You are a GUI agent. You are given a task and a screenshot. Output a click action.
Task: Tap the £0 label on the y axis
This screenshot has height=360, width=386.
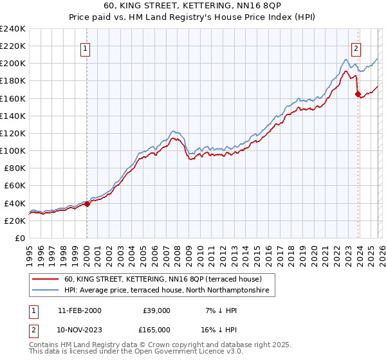click(x=20, y=238)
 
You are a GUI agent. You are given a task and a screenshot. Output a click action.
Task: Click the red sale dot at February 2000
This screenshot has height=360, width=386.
click(x=87, y=204)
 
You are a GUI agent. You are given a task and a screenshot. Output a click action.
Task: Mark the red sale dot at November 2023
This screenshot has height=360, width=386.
click(x=358, y=94)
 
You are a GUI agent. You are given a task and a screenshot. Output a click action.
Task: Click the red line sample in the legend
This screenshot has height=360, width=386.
click(x=46, y=280)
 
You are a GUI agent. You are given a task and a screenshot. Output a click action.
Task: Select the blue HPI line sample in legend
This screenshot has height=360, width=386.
click(x=46, y=291)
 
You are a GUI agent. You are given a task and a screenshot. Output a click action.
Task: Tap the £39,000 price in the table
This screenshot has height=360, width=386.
click(x=155, y=310)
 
